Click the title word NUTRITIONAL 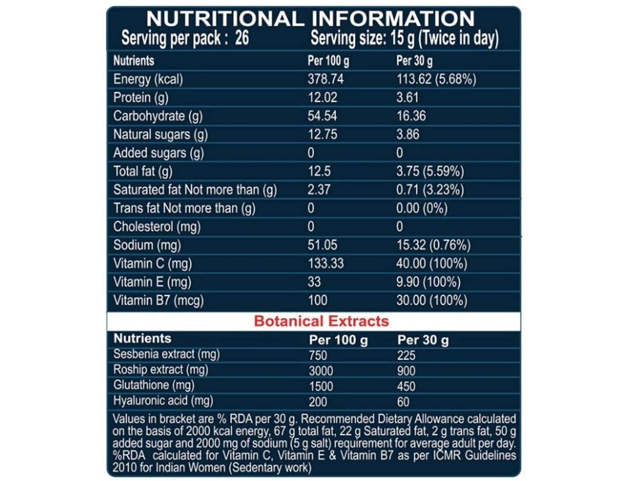coord(225,19)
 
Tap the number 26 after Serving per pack coord(242,38)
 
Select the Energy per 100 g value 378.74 coord(325,79)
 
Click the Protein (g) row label coord(141,98)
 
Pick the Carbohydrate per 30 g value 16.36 coord(411,116)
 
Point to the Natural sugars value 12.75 coord(322,135)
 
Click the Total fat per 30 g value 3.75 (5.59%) coord(430,171)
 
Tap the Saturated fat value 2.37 coord(319,190)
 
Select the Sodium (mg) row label coord(147,245)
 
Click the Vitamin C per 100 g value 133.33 coord(325,263)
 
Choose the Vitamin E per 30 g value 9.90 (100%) coord(428,282)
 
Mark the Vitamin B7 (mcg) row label coord(158,300)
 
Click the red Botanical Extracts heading coord(321,321)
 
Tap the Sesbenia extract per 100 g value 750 coord(318,355)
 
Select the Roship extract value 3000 coord(321,371)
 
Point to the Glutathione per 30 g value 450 coord(406,386)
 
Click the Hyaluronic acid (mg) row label coord(163,401)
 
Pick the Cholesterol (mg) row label coord(156,227)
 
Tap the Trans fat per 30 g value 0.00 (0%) coord(422,208)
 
